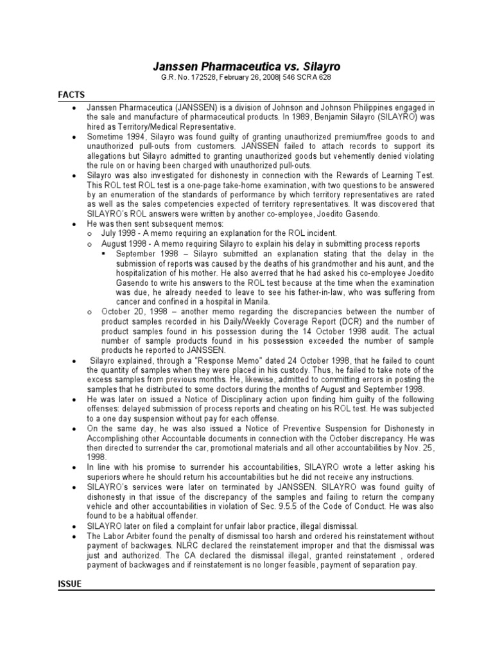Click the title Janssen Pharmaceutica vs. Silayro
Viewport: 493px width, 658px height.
click(x=246, y=66)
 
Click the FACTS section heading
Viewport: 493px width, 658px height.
click(x=71, y=94)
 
